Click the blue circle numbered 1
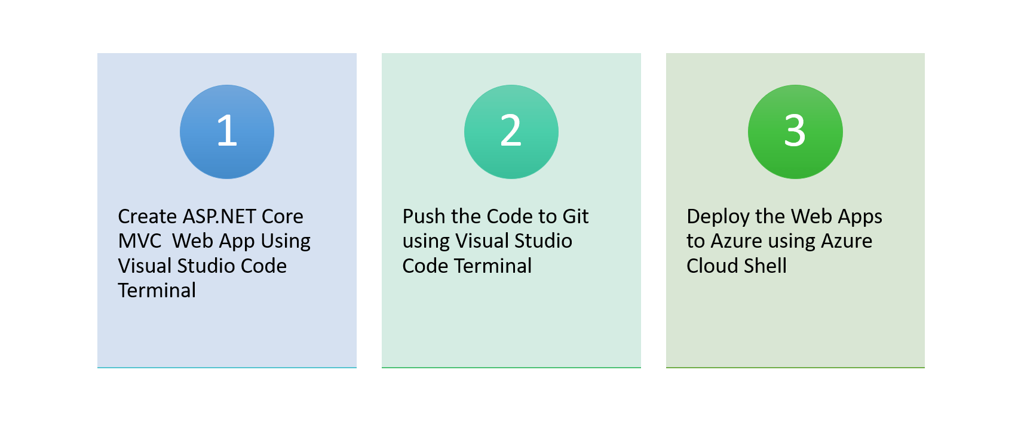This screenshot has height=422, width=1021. point(227,132)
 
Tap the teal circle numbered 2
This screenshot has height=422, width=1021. point(511,132)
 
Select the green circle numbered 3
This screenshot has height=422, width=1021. point(795,132)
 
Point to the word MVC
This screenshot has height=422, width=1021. point(140,241)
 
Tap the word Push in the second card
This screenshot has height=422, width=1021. point(424,216)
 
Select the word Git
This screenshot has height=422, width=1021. point(575,216)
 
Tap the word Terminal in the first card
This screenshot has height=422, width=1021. point(157,291)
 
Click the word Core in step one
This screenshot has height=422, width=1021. point(282,216)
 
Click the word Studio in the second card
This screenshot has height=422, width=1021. point(543,241)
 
